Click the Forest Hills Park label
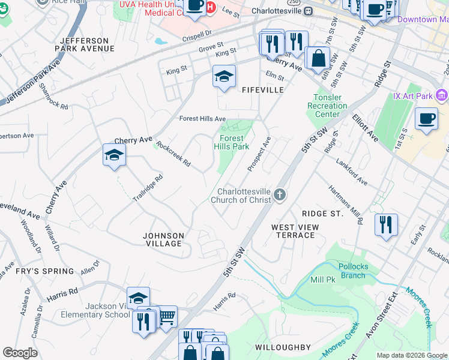pos(231,142)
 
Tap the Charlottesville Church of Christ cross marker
pos(279,194)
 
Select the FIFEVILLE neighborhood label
pos(262,89)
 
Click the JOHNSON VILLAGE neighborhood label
pos(163,239)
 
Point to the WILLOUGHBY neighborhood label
pos(283,347)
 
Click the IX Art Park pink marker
pos(442,95)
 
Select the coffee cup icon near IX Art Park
pos(426,119)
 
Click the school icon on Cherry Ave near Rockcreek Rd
pos(114,155)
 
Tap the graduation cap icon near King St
pos(224,76)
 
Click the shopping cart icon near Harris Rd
pos(166,316)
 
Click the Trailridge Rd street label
pos(148,188)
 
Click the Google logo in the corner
pos(20,353)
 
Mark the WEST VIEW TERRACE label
pos(294,231)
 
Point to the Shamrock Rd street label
pos(54,95)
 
